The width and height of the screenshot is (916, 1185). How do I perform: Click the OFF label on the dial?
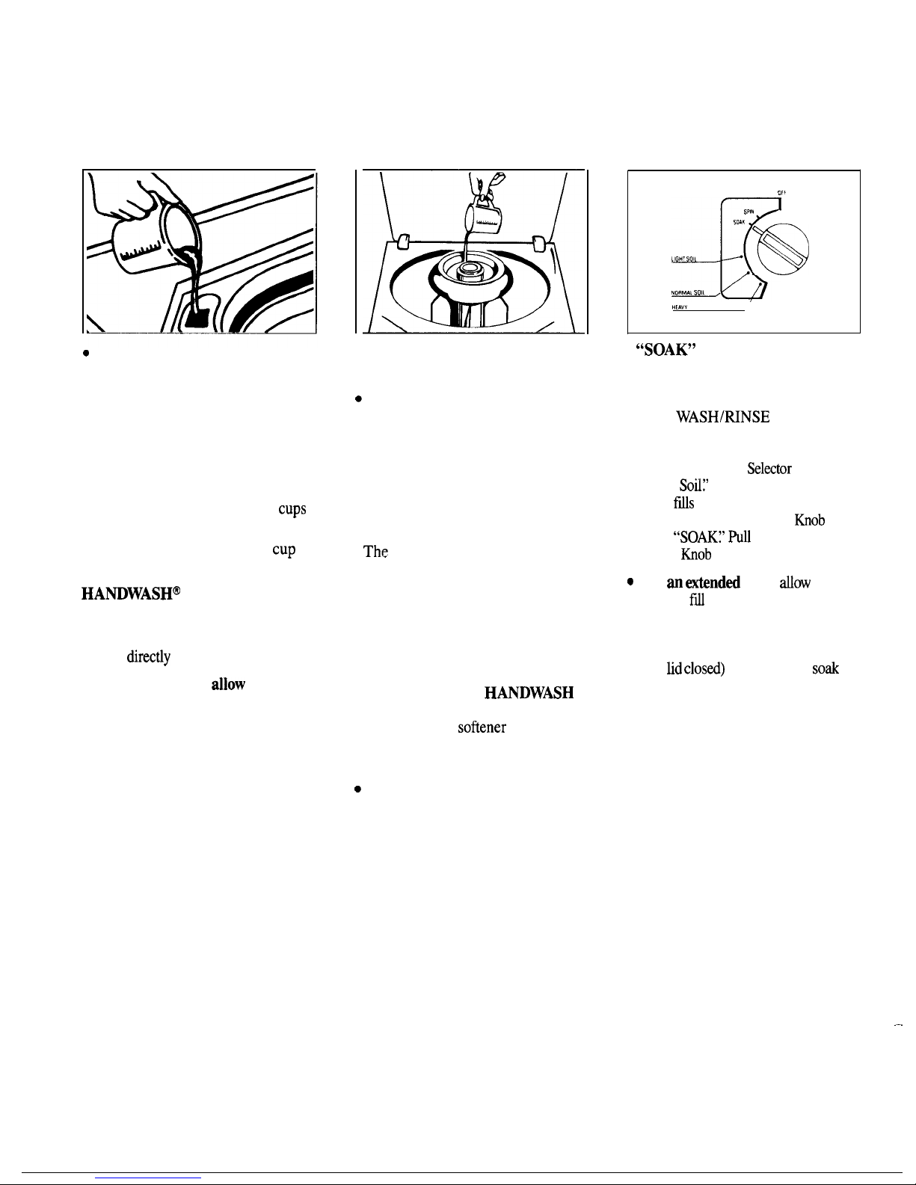(781, 192)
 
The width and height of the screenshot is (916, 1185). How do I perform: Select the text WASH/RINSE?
(722, 417)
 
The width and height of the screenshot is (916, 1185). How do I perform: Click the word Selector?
(769, 469)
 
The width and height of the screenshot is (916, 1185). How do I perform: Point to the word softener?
(482, 728)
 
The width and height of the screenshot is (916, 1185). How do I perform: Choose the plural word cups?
(292, 509)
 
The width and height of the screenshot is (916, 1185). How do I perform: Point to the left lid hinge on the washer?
(402, 242)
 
